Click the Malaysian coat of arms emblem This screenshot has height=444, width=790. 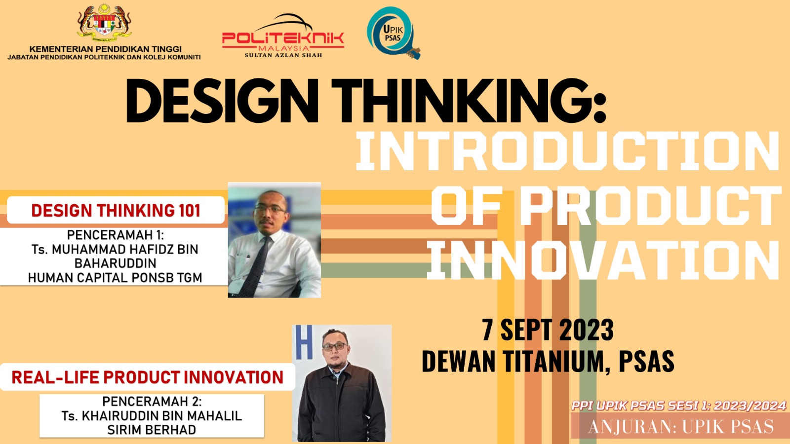[x=104, y=23]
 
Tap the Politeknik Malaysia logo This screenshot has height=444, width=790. [x=283, y=36]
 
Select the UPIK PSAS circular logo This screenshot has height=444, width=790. [x=393, y=33]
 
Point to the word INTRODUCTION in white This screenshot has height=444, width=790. [x=567, y=151]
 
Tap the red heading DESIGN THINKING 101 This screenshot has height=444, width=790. [x=116, y=210]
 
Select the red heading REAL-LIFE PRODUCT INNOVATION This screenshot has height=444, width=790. [x=148, y=377]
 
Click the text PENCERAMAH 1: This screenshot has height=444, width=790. [x=116, y=235]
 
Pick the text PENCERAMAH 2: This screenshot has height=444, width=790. [x=152, y=401]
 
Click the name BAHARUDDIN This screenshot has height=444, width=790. [x=116, y=263]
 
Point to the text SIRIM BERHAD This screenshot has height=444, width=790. [x=152, y=430]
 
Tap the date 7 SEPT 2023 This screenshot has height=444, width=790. [x=548, y=330]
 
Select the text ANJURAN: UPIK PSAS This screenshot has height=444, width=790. [x=681, y=427]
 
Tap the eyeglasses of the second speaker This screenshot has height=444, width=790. [x=335, y=347]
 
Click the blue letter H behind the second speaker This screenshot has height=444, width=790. [x=304, y=342]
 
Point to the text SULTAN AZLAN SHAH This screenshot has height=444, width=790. [x=283, y=55]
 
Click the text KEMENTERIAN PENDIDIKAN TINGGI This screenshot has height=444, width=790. [x=105, y=49]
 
